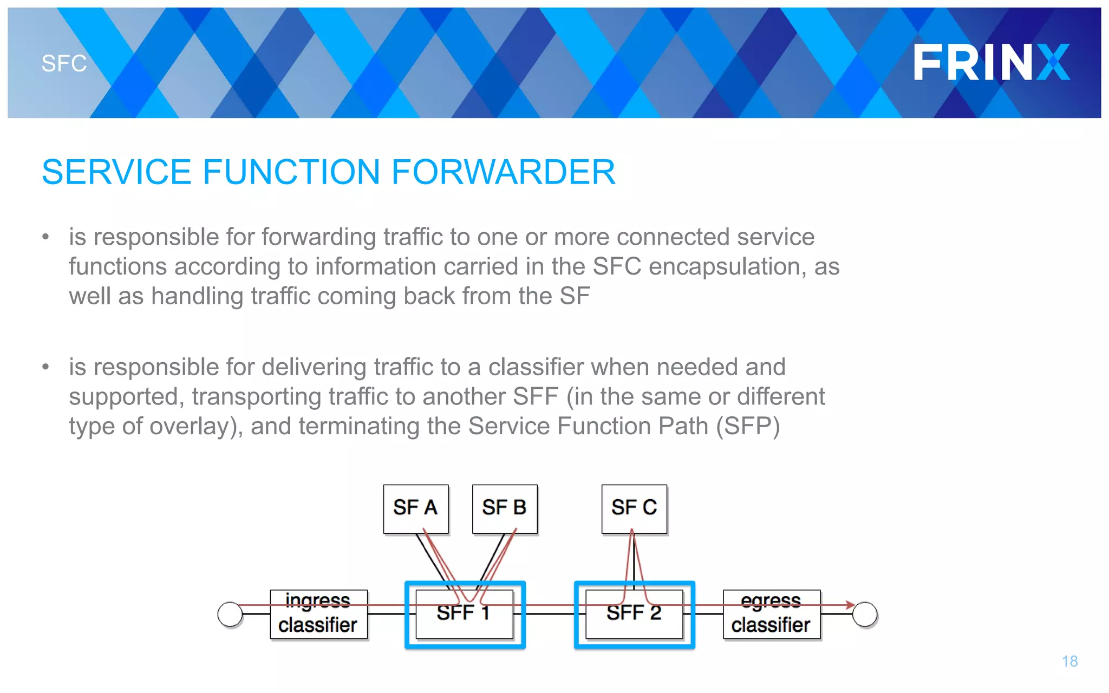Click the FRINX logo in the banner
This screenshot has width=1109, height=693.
coord(991,62)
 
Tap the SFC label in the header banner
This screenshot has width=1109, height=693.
coord(64,64)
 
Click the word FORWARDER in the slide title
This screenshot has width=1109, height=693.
coord(503,172)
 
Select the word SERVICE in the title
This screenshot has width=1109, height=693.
coord(116,172)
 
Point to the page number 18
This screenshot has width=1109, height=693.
coord(1069,661)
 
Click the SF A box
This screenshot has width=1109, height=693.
coord(415,508)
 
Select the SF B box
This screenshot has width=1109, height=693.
coord(504,508)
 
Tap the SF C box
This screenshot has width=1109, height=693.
coord(634,508)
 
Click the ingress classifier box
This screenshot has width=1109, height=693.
coord(318,614)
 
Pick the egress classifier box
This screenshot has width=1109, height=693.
coord(771,614)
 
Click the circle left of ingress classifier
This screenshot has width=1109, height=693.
coord(230,614)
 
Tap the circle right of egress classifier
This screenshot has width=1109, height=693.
coord(865,614)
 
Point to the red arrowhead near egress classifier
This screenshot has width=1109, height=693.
coord(850,605)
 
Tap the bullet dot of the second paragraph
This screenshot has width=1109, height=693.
coord(46,367)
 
